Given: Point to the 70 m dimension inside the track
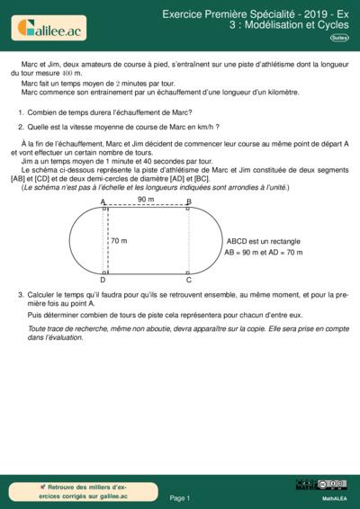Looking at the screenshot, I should pyautogui.click(x=119, y=241).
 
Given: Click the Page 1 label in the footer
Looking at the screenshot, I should pyautogui.click(x=180, y=496).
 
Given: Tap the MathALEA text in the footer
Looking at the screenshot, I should pyautogui.click(x=335, y=496).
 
